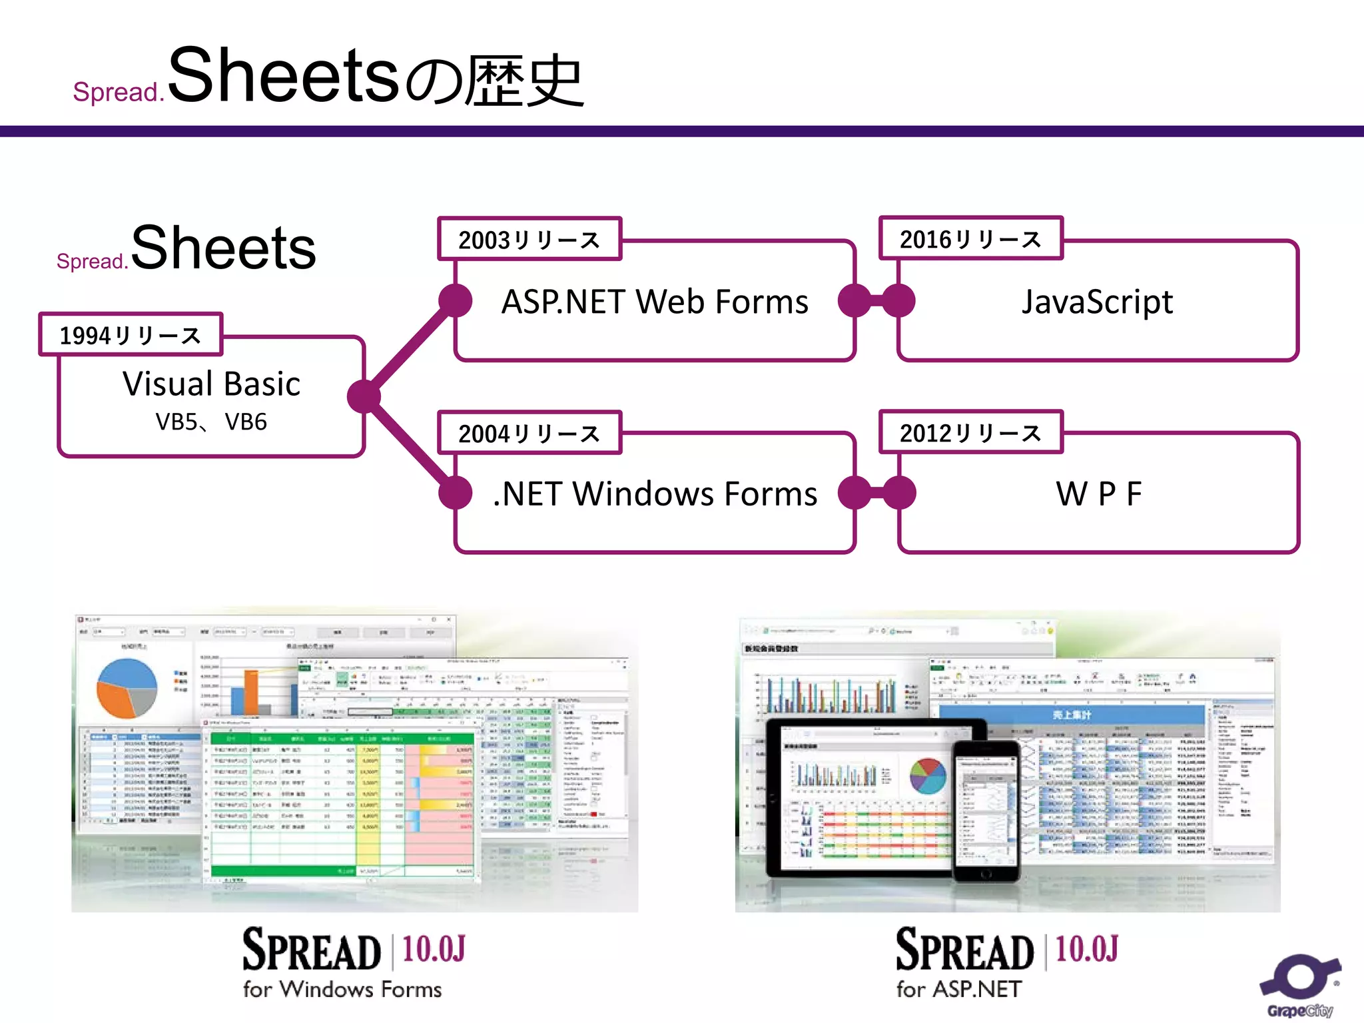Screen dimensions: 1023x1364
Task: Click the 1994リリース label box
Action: (x=131, y=335)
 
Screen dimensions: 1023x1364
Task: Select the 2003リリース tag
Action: (x=529, y=239)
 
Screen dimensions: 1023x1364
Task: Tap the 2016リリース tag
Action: (x=970, y=238)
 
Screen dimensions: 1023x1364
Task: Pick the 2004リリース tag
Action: (x=529, y=433)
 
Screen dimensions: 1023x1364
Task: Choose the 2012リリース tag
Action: (x=970, y=432)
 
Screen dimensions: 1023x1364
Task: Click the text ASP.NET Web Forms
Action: (x=655, y=302)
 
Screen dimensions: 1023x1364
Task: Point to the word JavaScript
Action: (x=1097, y=302)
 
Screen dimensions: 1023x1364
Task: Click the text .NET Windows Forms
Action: (x=655, y=494)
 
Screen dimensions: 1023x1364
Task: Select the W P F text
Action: (x=1098, y=494)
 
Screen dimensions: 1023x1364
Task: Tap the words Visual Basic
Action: (x=211, y=384)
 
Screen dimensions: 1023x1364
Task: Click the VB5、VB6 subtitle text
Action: (x=211, y=422)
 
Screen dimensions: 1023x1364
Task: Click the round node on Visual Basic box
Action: (x=364, y=397)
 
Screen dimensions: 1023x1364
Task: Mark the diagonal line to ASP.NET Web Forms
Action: (x=410, y=348)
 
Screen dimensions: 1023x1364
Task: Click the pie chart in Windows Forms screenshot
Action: (x=127, y=688)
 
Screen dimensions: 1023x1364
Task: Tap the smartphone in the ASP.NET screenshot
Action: (x=986, y=809)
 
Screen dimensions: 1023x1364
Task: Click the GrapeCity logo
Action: (x=1299, y=986)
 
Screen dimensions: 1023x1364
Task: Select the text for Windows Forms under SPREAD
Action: (x=342, y=989)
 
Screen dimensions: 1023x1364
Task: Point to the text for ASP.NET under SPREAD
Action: (x=958, y=989)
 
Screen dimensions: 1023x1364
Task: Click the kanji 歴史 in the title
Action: (x=524, y=81)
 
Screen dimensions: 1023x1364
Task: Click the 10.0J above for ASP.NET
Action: (x=1086, y=948)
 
